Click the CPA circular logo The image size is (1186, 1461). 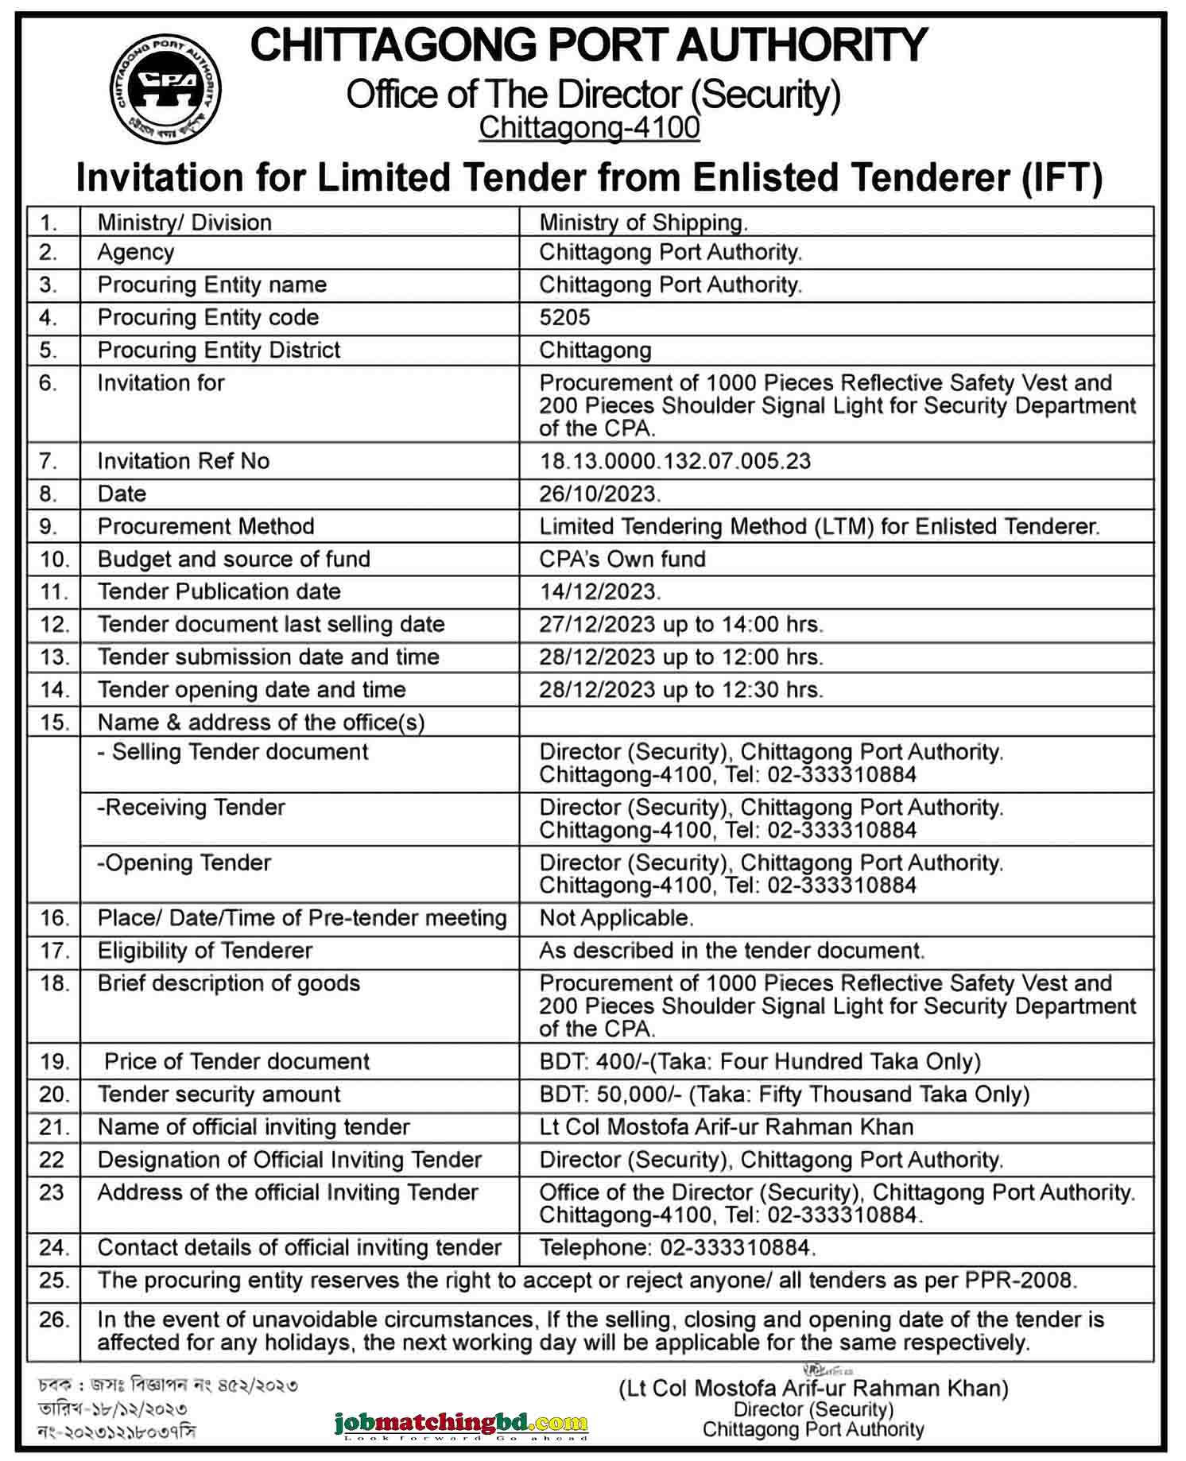[165, 88]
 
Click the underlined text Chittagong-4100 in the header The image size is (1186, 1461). [589, 127]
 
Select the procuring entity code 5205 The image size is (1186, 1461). [564, 317]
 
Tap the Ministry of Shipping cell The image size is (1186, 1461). [643, 223]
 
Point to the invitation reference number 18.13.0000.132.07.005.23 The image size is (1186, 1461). [675, 461]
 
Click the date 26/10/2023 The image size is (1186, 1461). [599, 494]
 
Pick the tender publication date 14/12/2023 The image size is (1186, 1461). [599, 591]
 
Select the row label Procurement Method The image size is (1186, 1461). [206, 526]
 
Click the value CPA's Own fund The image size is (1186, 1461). [622, 559]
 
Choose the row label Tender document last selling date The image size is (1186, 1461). [271, 624]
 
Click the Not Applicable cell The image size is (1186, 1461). [616, 918]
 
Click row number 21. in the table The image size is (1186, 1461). [54, 1127]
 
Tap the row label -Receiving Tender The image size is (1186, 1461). [191, 808]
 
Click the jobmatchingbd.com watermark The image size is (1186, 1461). [461, 1423]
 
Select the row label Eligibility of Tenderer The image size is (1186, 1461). [205, 951]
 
